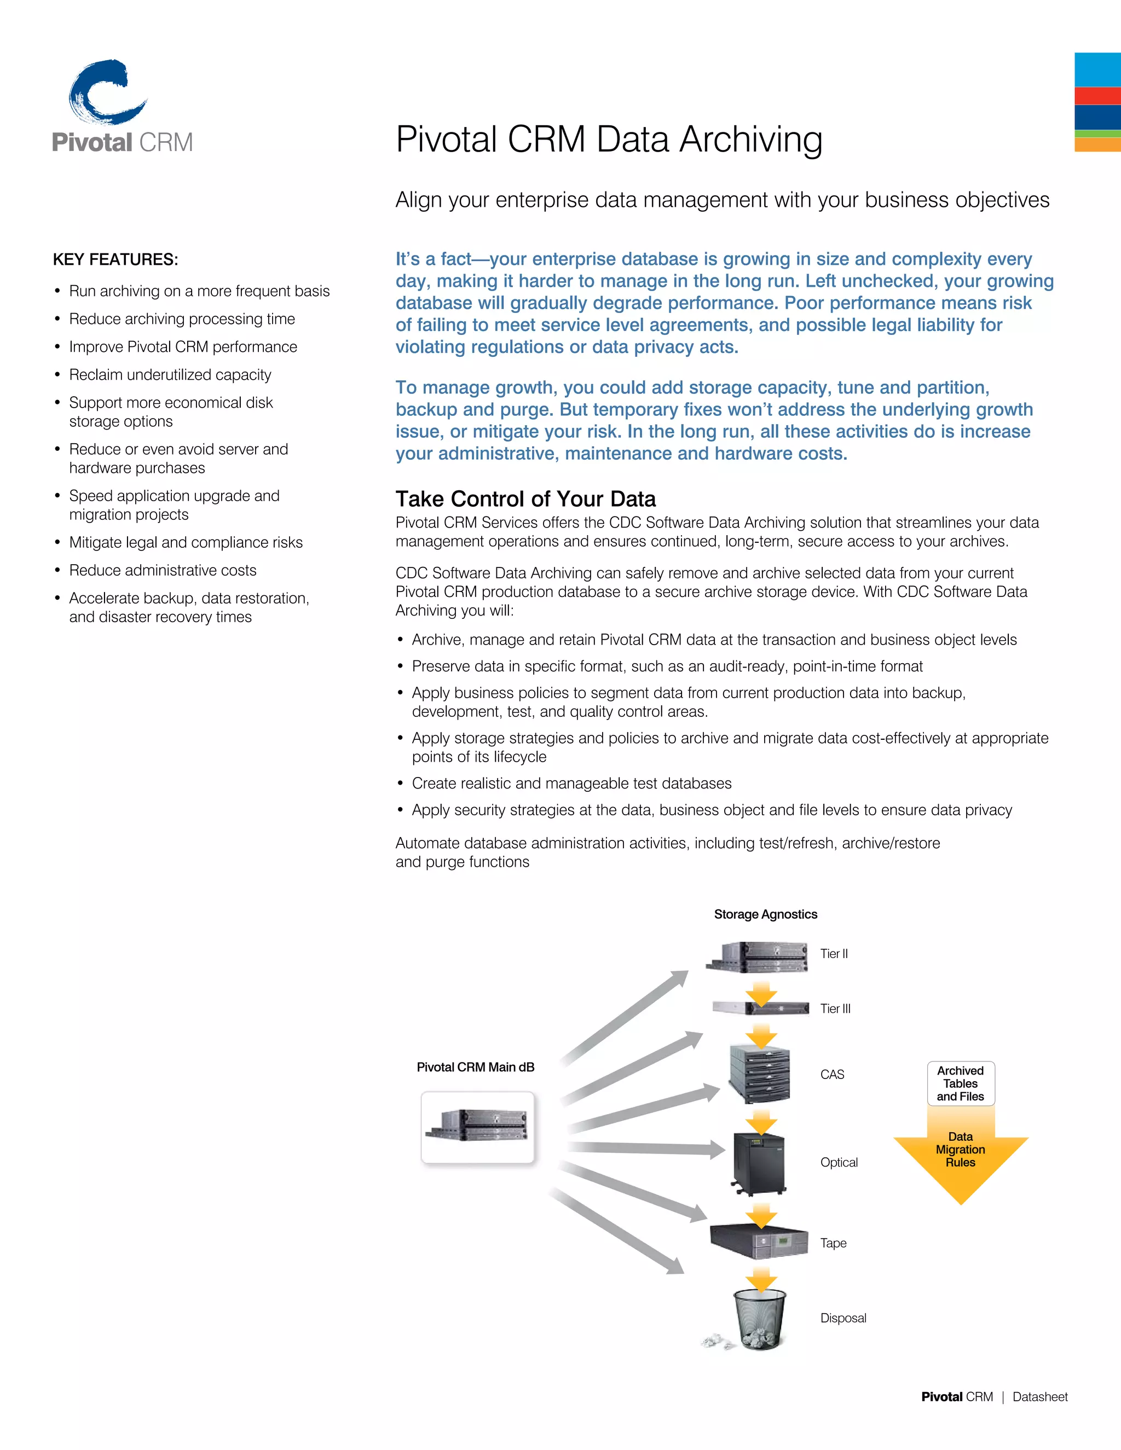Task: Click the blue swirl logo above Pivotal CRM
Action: click(x=106, y=93)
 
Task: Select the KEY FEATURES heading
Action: click(x=115, y=259)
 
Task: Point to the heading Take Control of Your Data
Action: click(x=525, y=498)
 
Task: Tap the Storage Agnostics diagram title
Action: click(x=765, y=914)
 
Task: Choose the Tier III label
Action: click(x=835, y=1008)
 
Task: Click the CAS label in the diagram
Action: click(x=832, y=1074)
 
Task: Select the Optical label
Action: click(x=839, y=1162)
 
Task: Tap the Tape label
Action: click(x=833, y=1243)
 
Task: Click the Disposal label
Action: click(x=843, y=1318)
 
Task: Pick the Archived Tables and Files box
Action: click(x=960, y=1083)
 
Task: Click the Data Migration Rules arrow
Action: click(x=960, y=1158)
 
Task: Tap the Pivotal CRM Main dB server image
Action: click(x=477, y=1127)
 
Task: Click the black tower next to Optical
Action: click(x=759, y=1162)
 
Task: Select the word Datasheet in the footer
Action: click(x=1039, y=1397)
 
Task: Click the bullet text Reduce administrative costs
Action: click(x=163, y=570)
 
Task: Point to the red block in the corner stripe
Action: click(x=1097, y=96)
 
